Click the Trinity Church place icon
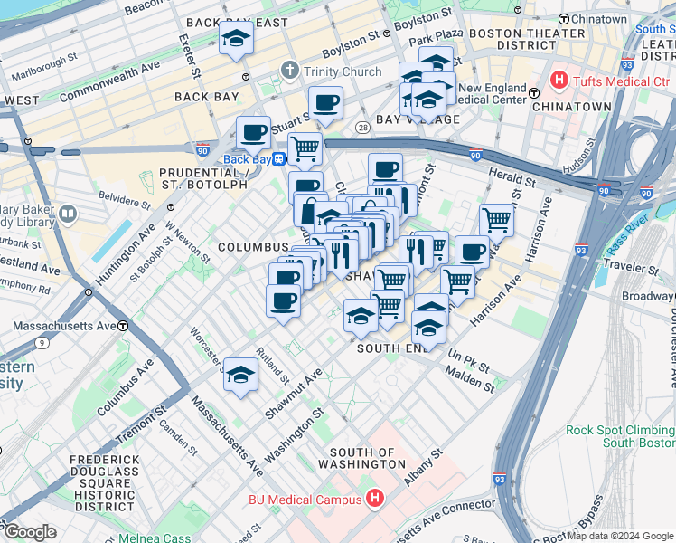289,71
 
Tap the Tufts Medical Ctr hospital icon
559,81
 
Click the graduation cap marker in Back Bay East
236,39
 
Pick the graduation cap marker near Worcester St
240,375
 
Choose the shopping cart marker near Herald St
496,218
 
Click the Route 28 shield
361,126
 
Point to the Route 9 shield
42,343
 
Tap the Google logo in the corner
30,532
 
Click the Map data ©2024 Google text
620,536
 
